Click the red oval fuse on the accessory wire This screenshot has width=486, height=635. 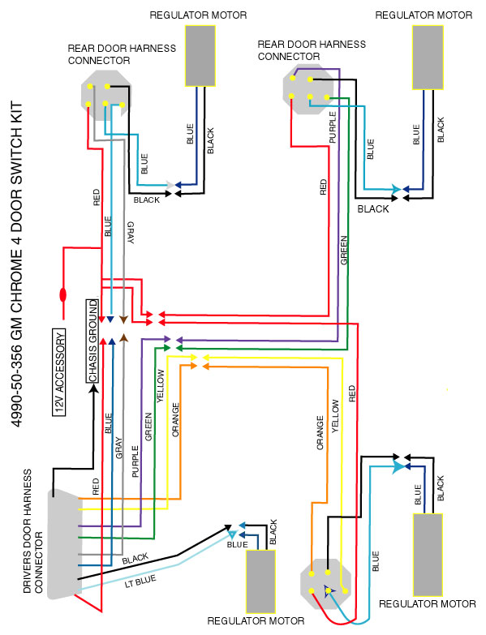(x=62, y=294)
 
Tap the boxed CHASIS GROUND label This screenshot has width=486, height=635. (x=92, y=341)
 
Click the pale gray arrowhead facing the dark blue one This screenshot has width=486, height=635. (x=169, y=185)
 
